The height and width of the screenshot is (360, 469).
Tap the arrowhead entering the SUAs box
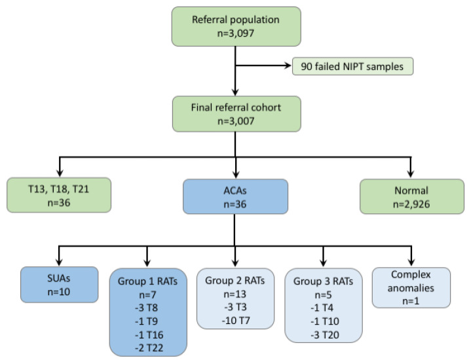[x=60, y=261]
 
